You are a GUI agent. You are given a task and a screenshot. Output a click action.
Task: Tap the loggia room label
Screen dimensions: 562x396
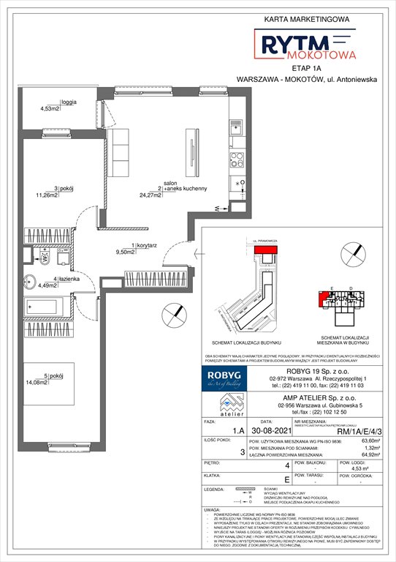(x=69, y=102)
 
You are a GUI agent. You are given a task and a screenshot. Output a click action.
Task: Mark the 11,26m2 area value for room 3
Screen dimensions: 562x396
(x=62, y=195)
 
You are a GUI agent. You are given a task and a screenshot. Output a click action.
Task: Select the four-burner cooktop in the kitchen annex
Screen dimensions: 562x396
(x=237, y=160)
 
